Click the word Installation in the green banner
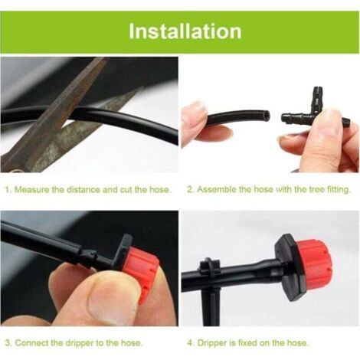pyautogui.click(x=185, y=31)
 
